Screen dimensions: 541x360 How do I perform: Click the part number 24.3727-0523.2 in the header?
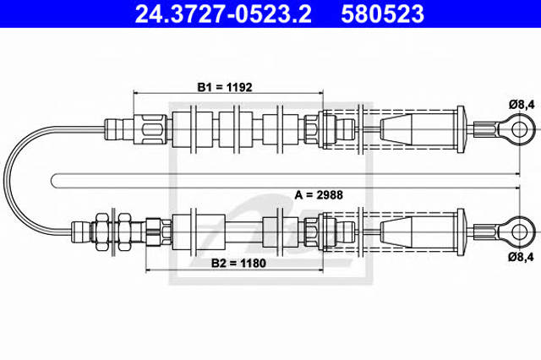tap(223, 14)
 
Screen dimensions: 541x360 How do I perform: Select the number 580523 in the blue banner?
tap(382, 14)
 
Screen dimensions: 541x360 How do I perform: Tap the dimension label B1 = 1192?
tap(225, 87)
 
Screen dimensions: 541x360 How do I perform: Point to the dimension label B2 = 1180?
tap(238, 263)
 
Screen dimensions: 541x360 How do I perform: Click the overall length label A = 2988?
tap(319, 195)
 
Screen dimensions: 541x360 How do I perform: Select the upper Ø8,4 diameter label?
tap(521, 105)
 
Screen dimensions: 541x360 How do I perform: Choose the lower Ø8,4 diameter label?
tap(521, 257)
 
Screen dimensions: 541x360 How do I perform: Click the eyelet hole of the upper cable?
tap(519, 129)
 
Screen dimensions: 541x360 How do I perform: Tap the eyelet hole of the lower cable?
tap(519, 232)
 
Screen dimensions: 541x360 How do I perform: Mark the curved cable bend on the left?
tap(5, 181)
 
